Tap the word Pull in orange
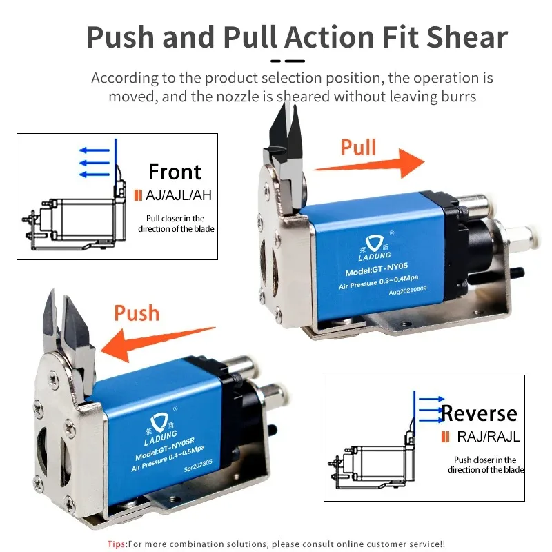click(x=358, y=147)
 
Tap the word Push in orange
click(x=137, y=313)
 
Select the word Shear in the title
click(x=467, y=37)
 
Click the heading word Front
click(x=175, y=172)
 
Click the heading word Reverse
click(x=479, y=413)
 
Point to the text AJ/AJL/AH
click(x=179, y=195)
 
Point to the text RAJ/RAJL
click(x=489, y=437)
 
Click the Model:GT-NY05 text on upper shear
click(x=376, y=269)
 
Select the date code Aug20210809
click(x=408, y=290)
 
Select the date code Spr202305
click(x=198, y=466)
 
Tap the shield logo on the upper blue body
click(x=374, y=243)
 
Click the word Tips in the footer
click(x=117, y=544)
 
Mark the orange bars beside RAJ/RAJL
click(x=445, y=437)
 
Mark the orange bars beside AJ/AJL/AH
click(x=139, y=195)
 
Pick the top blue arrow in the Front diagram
click(x=95, y=150)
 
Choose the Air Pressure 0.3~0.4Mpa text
click(x=378, y=282)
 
